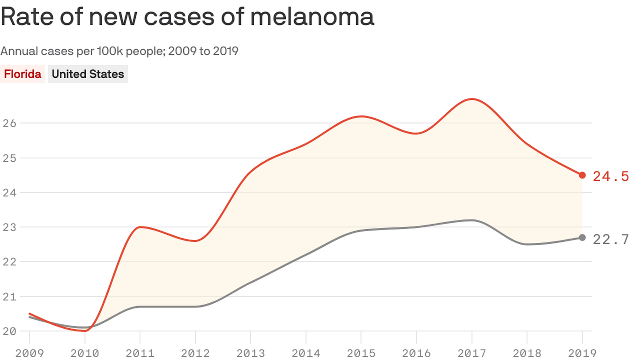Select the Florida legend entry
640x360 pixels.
(x=22, y=74)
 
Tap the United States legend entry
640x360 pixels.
(x=88, y=74)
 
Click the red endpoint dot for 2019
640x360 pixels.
(x=582, y=175)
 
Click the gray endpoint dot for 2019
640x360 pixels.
(x=582, y=238)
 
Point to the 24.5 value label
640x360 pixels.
(x=610, y=176)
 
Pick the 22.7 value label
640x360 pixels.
(x=610, y=239)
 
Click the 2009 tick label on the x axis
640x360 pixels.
(x=30, y=352)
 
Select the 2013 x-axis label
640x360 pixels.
(x=251, y=352)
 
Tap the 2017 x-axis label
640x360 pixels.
(x=472, y=352)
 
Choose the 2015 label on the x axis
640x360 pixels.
(x=361, y=352)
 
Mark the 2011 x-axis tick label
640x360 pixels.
(x=140, y=352)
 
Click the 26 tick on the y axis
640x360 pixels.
(x=10, y=123)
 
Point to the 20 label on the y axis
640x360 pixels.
(x=10, y=331)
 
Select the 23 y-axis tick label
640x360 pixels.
(x=10, y=227)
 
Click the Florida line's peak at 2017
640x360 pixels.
(x=472, y=99)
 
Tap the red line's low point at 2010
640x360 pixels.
(x=85, y=330)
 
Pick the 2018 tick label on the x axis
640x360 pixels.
(x=527, y=352)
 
